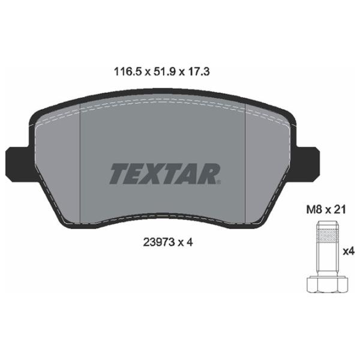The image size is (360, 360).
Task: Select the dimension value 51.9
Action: tap(164, 72)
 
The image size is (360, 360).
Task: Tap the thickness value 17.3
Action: tap(199, 72)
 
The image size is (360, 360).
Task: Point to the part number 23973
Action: tap(158, 242)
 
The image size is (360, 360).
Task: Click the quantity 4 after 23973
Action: tap(190, 242)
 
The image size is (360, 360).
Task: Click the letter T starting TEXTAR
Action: tap(119, 173)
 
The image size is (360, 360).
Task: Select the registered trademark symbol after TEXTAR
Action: tap(218, 182)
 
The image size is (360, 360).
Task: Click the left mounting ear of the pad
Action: tap(18, 164)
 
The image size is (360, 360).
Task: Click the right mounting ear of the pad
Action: tap(307, 163)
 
